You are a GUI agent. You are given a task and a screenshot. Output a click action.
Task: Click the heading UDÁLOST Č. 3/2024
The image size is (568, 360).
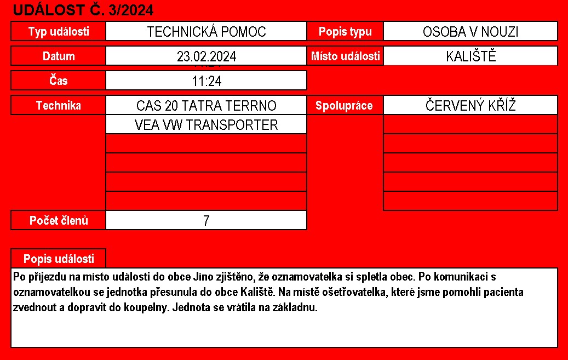83,9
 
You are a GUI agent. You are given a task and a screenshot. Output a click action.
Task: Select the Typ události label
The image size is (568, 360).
59,32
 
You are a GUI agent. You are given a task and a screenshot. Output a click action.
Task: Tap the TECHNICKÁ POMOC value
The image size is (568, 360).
206,32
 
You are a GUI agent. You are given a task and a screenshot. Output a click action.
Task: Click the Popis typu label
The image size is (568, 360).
345,32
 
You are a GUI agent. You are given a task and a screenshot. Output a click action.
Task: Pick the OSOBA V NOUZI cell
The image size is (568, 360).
471,32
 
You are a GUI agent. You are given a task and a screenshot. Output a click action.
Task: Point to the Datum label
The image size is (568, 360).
59,56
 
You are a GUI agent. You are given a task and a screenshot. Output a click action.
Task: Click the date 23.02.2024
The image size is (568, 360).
206,56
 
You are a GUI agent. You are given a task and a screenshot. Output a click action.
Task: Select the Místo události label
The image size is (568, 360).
345,56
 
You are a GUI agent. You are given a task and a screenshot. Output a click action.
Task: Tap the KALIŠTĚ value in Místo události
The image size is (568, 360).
471,56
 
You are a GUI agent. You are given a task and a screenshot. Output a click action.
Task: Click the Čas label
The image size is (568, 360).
59,81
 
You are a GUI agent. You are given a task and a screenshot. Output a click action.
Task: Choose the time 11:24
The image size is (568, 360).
206,81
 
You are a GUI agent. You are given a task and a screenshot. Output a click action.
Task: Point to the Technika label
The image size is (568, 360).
59,106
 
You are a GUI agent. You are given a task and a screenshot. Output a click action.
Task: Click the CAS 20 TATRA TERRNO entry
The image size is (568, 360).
206,106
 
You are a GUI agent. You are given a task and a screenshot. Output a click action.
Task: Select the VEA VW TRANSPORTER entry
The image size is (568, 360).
206,125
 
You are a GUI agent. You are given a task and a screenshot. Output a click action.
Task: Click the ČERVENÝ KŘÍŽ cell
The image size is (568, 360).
471,106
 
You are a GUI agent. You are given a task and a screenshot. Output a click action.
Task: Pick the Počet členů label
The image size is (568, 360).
59,221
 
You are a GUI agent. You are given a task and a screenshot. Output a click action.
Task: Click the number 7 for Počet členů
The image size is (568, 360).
206,221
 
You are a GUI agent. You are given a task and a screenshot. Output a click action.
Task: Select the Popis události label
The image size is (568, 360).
59,259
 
